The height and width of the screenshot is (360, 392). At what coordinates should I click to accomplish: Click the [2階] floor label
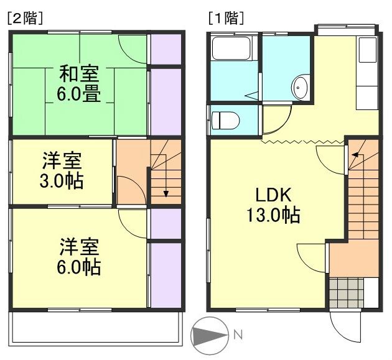[x=24, y=18]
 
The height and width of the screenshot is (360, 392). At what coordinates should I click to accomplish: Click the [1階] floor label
[x=225, y=18]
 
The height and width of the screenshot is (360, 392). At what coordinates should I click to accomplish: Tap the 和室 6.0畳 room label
[x=80, y=83]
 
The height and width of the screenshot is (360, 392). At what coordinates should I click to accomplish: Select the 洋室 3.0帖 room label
[x=62, y=172]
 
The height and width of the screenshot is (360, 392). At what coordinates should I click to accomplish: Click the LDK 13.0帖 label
[x=271, y=205]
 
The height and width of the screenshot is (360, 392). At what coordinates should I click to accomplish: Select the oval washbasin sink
[x=300, y=88]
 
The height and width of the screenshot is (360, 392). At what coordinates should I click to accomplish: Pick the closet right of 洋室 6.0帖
[x=166, y=274]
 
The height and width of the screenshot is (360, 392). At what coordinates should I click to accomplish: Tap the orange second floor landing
[x=131, y=174]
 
